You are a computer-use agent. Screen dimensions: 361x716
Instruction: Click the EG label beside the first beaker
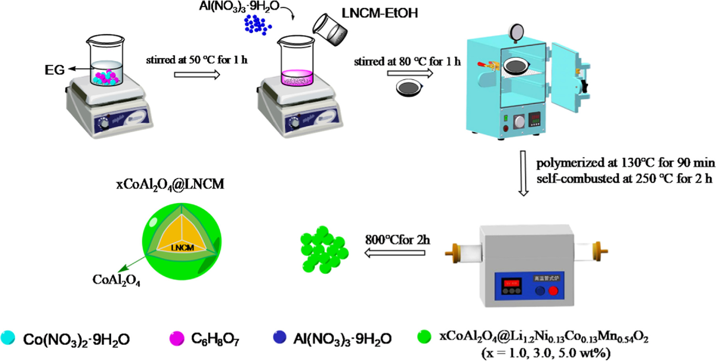tap(54, 70)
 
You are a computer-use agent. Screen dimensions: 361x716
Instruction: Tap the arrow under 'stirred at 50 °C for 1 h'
tap(197, 75)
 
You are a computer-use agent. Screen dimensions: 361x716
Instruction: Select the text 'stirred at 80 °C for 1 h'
tap(407, 62)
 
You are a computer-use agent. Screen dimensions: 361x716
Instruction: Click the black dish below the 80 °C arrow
tap(409, 88)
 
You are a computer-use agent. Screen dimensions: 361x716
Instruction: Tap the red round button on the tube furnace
tap(553, 291)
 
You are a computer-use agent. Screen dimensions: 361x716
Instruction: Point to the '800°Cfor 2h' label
tap(397, 239)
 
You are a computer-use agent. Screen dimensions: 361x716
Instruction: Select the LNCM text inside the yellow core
tap(182, 248)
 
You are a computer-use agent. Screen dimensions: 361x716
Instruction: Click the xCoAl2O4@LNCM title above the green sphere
tap(170, 184)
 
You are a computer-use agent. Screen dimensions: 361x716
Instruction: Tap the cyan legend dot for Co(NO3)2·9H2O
tap(8, 338)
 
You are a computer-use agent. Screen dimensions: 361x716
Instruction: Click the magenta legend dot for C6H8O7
tap(176, 338)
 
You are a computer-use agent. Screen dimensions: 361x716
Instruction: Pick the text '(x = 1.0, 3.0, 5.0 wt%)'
tap(545, 352)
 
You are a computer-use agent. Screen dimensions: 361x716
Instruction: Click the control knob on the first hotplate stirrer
tap(104, 124)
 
